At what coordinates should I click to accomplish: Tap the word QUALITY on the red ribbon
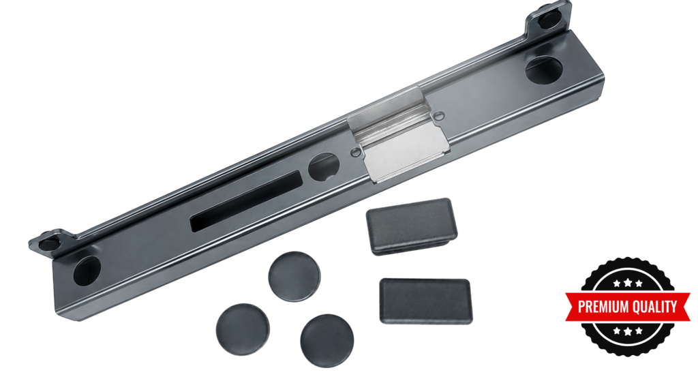653,307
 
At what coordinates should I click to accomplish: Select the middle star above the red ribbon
628,283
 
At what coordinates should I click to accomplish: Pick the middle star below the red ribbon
628,331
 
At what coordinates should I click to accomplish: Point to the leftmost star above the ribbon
617,284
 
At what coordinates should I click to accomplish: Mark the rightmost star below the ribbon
639,331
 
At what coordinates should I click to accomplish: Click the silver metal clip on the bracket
397,134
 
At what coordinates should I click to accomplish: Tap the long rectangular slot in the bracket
246,201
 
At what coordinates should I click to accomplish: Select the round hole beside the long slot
324,167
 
